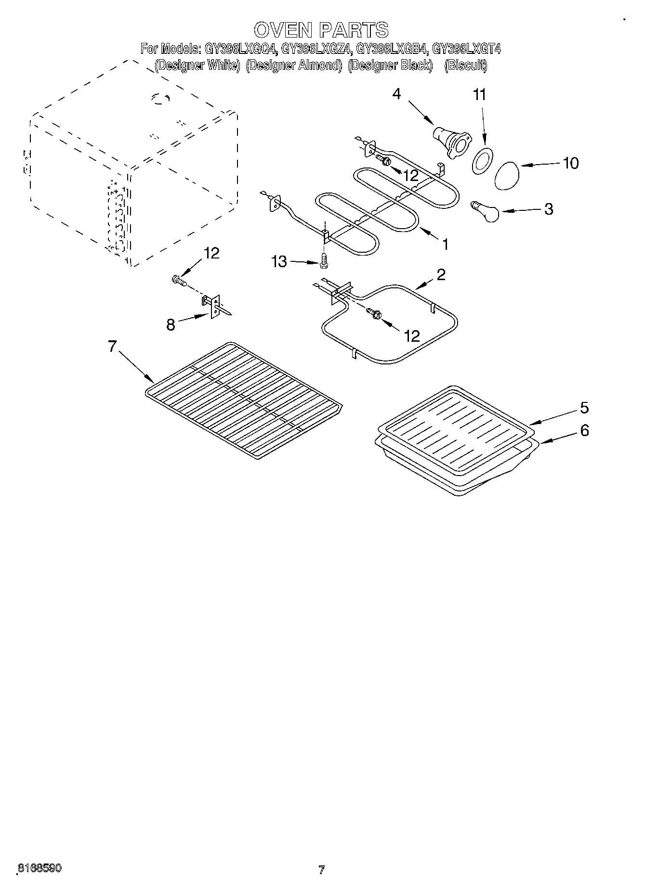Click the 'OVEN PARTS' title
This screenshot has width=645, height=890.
pyautogui.click(x=321, y=30)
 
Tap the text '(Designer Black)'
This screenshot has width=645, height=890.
pyautogui.click(x=390, y=65)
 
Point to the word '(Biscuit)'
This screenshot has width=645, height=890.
pyautogui.click(x=465, y=65)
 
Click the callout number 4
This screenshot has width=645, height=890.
pyautogui.click(x=396, y=93)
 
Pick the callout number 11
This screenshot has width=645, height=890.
pyautogui.click(x=479, y=95)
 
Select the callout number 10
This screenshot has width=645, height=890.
pyautogui.click(x=570, y=163)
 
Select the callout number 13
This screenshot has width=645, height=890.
pyautogui.click(x=279, y=261)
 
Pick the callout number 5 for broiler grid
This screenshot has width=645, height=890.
pyautogui.click(x=584, y=408)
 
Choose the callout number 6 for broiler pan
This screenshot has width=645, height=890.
pyautogui.click(x=584, y=430)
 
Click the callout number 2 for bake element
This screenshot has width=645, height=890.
pyautogui.click(x=441, y=274)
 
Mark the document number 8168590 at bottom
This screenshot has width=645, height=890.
pyautogui.click(x=39, y=868)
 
